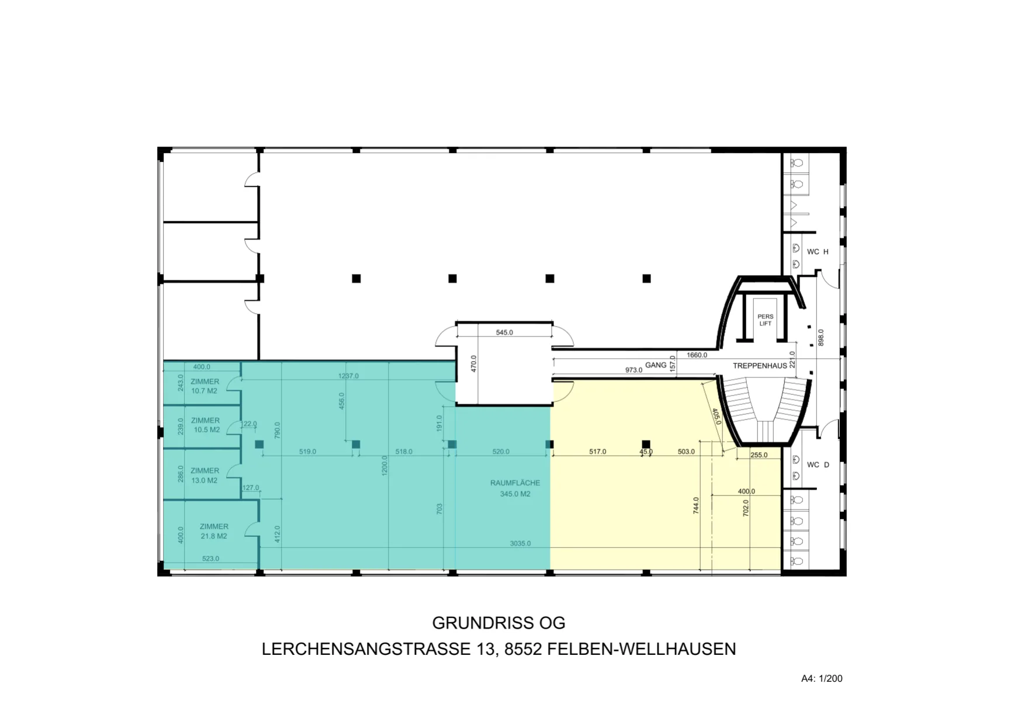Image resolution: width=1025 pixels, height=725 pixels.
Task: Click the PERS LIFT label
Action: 766,320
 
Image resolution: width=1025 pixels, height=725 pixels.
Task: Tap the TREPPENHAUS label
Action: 760,366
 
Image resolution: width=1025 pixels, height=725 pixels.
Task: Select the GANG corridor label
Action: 656,365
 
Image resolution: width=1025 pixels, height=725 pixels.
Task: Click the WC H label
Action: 818,252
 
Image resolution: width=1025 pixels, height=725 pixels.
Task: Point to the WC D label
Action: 818,465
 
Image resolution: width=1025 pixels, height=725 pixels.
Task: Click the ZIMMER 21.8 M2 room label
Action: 214,531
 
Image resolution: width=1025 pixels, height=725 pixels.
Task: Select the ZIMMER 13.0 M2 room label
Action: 205,476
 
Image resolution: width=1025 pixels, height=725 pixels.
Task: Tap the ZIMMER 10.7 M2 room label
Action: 205,386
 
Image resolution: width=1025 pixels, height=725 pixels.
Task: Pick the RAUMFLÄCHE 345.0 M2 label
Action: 515,488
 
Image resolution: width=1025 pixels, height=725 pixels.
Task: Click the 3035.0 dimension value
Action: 520,543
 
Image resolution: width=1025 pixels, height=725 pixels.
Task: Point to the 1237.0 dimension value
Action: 348,376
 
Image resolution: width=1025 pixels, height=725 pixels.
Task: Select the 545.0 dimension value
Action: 504,332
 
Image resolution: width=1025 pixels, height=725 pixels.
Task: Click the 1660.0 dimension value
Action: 697,355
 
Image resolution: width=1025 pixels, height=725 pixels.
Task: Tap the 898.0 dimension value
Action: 820,337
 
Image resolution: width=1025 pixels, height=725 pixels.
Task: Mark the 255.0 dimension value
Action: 759,455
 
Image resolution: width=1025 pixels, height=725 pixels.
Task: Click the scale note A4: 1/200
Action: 822,678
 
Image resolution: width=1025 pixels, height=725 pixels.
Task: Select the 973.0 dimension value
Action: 633,370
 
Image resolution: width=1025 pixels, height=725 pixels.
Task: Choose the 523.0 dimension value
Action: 210,559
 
